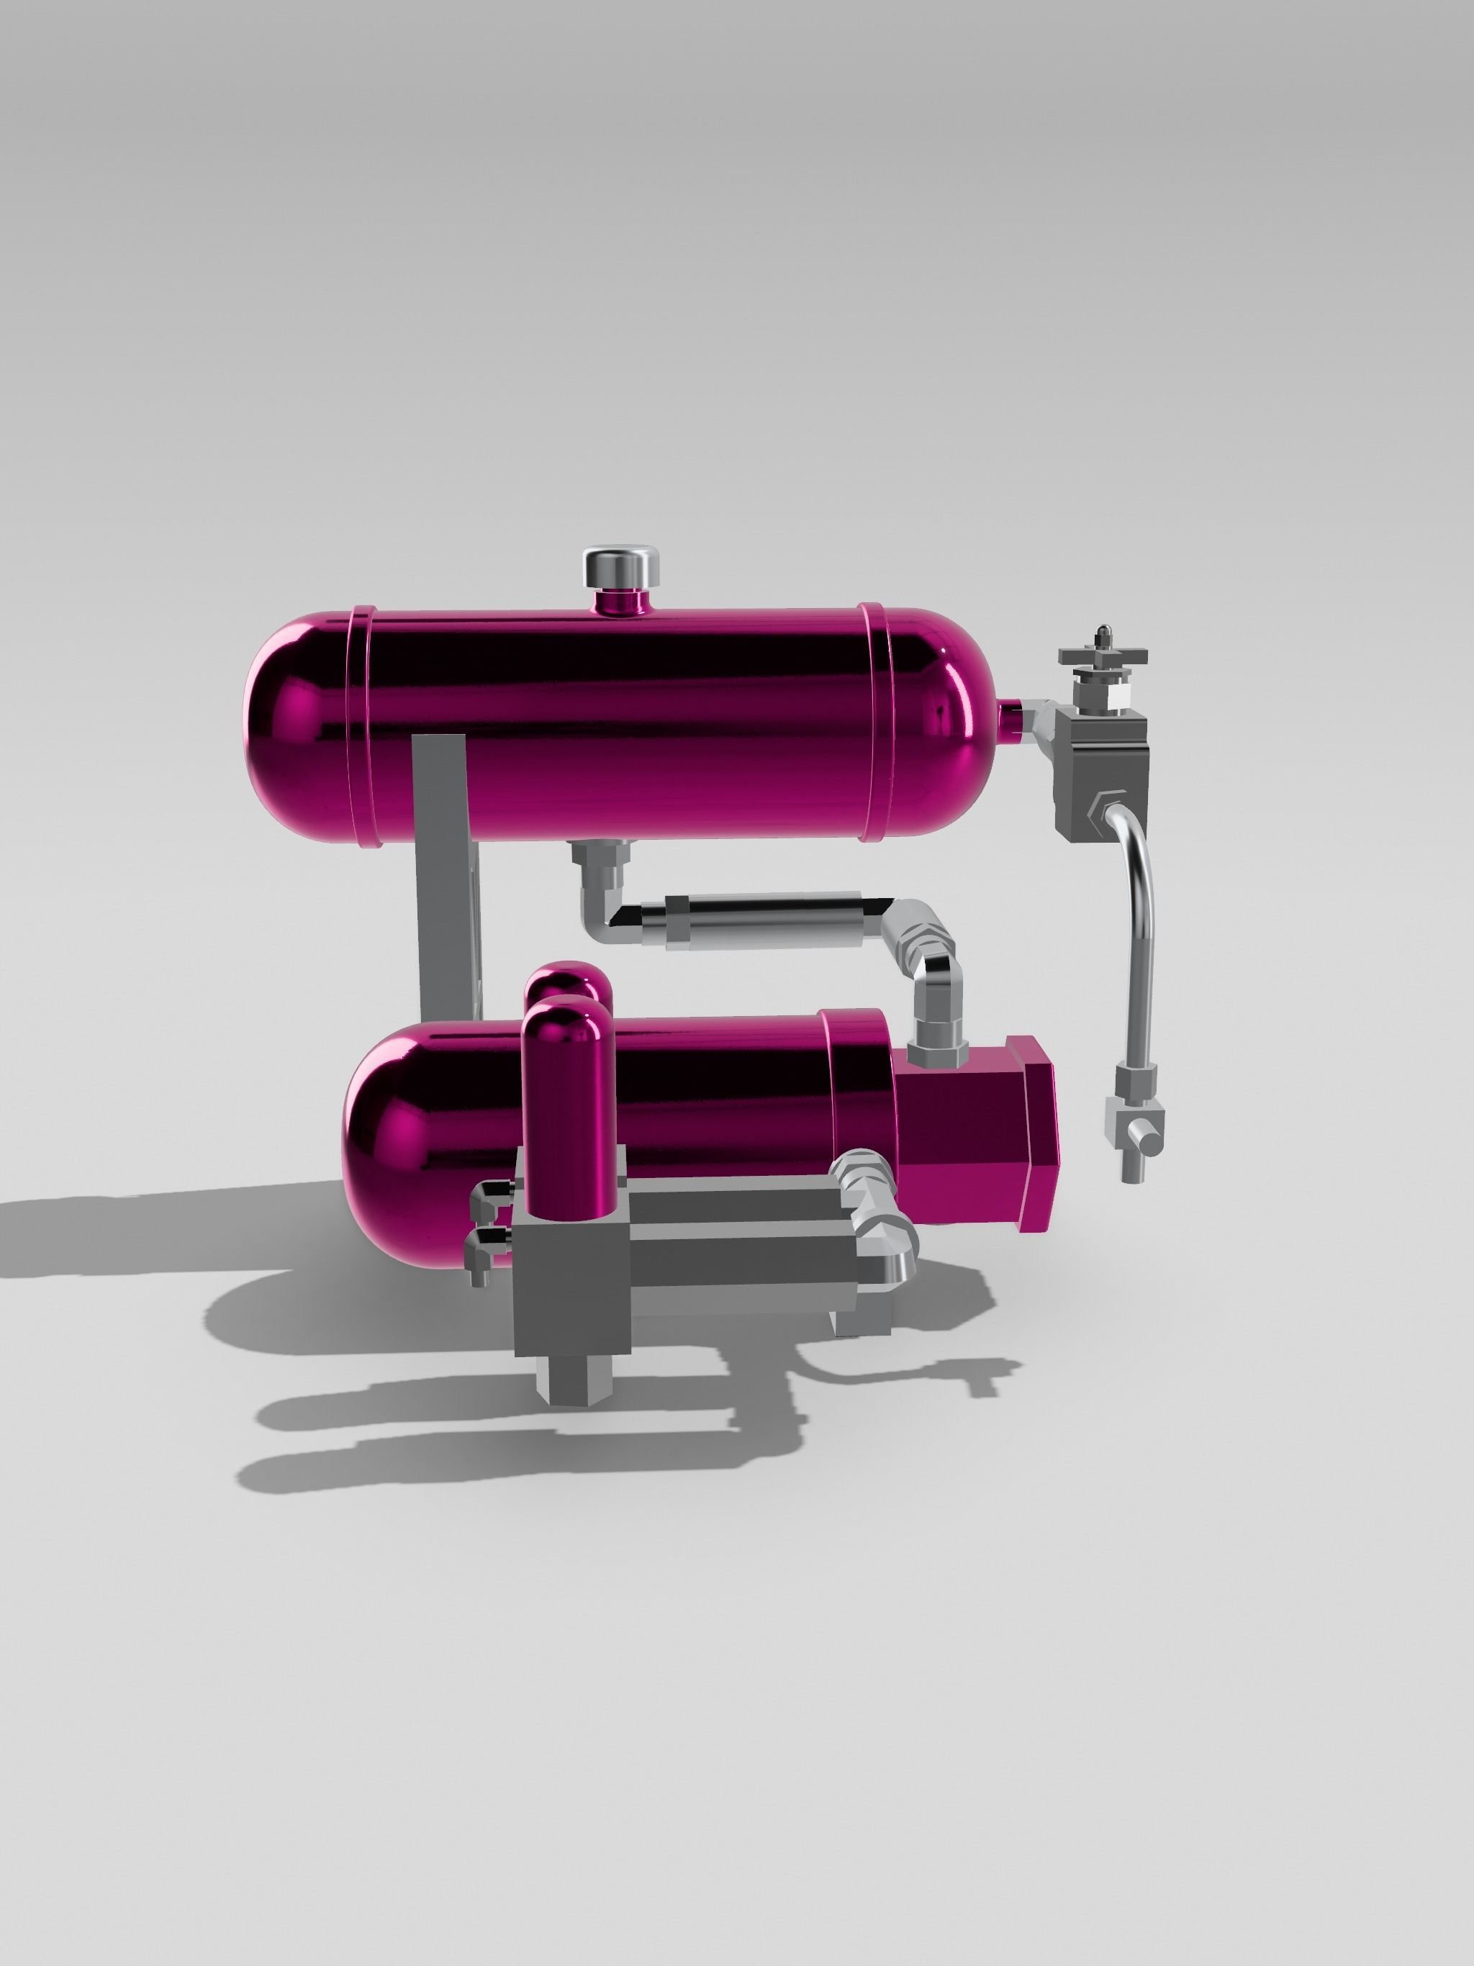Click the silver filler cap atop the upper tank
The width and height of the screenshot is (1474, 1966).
pos(620,566)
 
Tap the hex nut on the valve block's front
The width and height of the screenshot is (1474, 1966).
pos(1100,809)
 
